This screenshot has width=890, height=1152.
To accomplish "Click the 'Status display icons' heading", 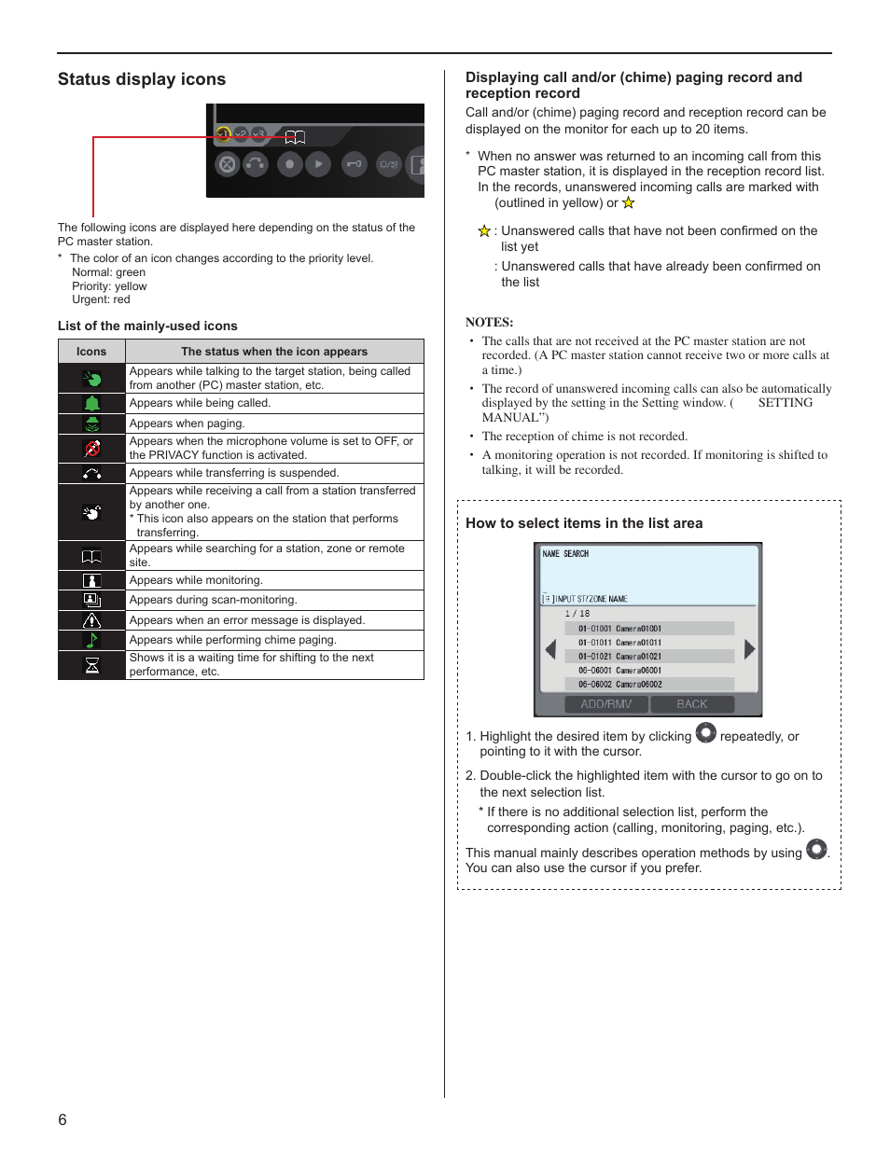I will pos(142,79).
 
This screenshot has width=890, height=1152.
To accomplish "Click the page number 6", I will pos(63,1119).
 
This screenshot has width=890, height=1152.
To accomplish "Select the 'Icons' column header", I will pos(91,352).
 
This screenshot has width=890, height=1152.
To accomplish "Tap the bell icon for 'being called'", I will pos(91,404).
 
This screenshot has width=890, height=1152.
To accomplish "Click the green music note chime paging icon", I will pos(91,640).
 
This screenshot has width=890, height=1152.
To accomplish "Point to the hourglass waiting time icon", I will pos(91,665).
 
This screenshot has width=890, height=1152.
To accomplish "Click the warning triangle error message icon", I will pos(91,620).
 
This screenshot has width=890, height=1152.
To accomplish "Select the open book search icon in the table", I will pos(91,556).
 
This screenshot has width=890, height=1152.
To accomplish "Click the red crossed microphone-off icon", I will pos(91,449).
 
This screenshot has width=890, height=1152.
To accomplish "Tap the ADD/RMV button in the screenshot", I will pos(606,704).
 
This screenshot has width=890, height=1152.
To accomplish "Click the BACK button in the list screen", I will pos(692,704).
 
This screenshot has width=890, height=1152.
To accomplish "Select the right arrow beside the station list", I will pos(749,649).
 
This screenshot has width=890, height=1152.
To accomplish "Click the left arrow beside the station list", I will pos(550,649).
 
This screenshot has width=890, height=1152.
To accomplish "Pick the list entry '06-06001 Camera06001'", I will pos(620,670).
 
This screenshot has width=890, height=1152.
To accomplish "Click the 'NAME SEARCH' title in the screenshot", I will pos(565,554).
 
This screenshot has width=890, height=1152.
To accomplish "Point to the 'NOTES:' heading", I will pos(489,323).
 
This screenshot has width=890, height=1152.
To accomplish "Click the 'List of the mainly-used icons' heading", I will pos(147,326).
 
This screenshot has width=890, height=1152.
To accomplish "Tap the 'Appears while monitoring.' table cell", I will pos(196,580).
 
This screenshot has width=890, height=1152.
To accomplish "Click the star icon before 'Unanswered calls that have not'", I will pos(484,231).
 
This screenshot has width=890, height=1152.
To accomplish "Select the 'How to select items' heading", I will pos(584,523).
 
